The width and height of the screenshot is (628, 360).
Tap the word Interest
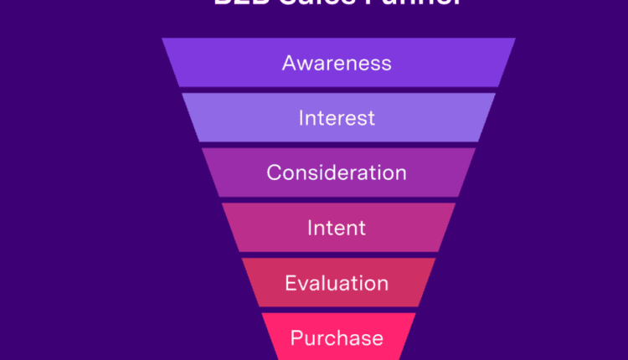(x=337, y=118)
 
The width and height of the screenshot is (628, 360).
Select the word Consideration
(x=337, y=173)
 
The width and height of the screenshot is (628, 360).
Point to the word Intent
(x=337, y=228)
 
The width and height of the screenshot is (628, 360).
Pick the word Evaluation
(x=337, y=283)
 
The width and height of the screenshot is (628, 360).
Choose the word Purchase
(x=337, y=338)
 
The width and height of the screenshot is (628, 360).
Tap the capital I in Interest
(x=301, y=118)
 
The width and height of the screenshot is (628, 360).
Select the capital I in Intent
(x=310, y=228)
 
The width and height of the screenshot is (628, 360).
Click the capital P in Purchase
(x=296, y=338)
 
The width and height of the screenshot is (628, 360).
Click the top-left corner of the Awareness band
(x=163, y=39)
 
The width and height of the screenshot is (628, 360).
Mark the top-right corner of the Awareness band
(x=515, y=39)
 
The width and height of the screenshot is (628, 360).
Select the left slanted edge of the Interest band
(x=192, y=117)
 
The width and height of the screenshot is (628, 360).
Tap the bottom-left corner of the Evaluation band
(x=258, y=306)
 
